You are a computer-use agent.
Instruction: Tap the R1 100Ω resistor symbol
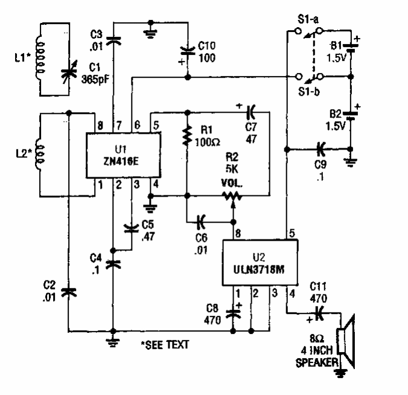(x=188, y=136)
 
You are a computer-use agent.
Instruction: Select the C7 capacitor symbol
(x=252, y=112)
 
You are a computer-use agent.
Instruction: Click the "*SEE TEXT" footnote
(x=165, y=345)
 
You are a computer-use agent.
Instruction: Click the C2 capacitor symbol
(x=70, y=291)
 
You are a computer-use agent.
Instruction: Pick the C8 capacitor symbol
(x=233, y=313)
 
